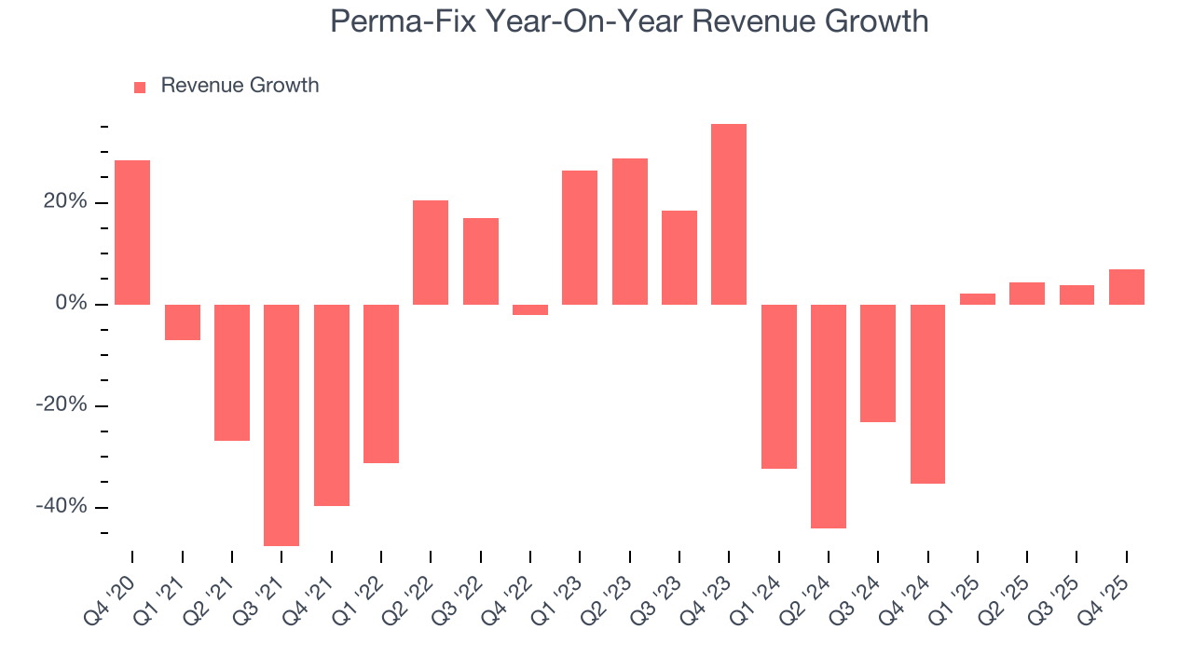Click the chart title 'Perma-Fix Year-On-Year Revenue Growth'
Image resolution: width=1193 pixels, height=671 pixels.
click(x=629, y=21)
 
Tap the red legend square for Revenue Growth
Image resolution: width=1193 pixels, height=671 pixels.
click(x=140, y=88)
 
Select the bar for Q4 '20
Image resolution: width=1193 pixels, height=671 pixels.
click(x=132, y=232)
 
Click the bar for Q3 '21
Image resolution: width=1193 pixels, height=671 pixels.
click(x=281, y=425)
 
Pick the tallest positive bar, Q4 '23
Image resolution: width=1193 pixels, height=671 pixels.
click(x=728, y=214)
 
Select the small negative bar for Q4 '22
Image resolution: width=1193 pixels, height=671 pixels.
click(x=529, y=309)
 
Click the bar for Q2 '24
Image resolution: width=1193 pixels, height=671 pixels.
click(x=828, y=416)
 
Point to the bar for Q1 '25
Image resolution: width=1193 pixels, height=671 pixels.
click(x=977, y=299)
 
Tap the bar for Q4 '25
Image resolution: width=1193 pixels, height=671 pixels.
click(x=1126, y=287)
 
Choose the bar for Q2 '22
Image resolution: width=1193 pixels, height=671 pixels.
click(x=431, y=253)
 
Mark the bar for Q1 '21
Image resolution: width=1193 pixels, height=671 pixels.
click(x=182, y=322)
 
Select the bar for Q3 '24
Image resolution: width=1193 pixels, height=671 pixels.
click(x=878, y=363)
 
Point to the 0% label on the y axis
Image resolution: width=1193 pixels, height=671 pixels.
click(x=73, y=305)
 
